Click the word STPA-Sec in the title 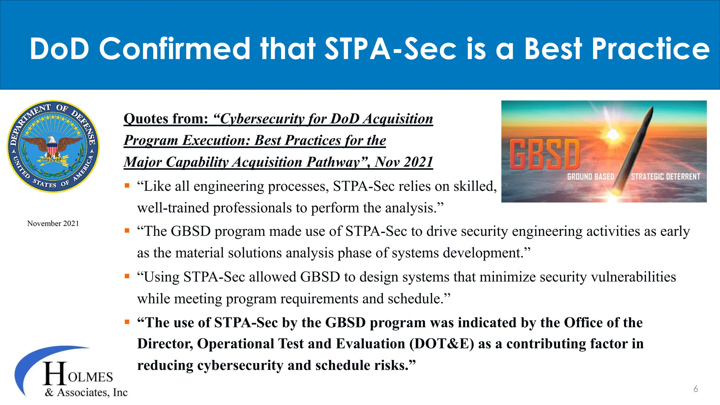point(390,49)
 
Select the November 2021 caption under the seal point(53,224)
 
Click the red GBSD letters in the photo point(545,155)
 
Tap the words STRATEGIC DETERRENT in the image point(665,177)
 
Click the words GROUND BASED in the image point(591,177)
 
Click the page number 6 point(695,389)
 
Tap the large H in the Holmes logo point(55,373)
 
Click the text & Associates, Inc point(86,392)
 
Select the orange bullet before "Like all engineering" point(127,186)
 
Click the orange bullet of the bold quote point(127,322)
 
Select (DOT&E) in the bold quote point(442,344)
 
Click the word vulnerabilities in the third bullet point(633,277)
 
